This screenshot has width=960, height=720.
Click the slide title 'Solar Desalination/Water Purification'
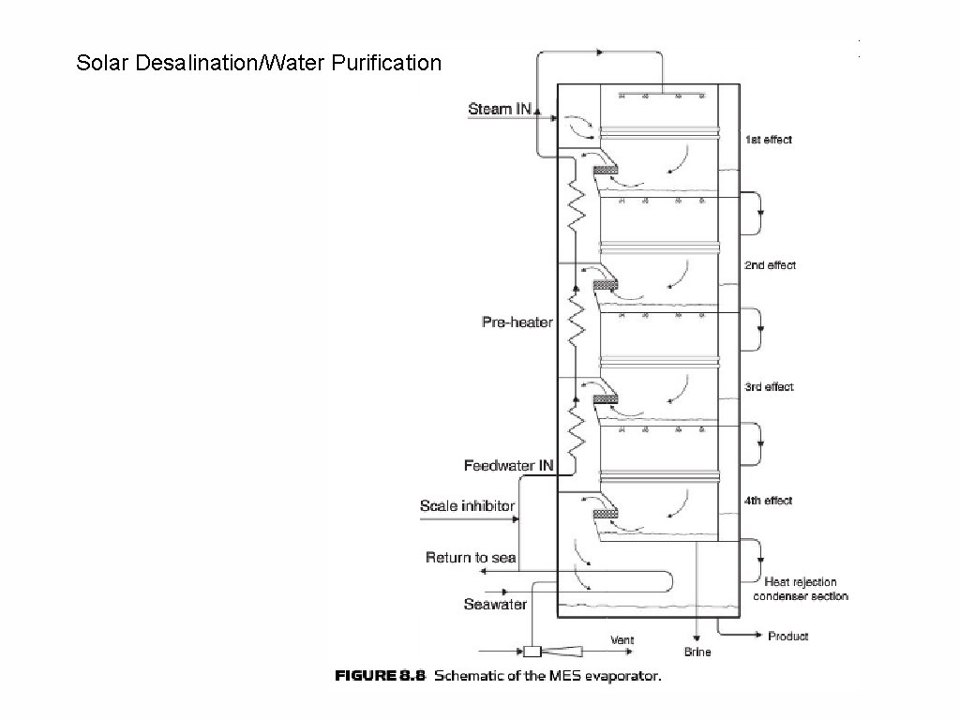258,64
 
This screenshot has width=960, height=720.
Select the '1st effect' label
768,140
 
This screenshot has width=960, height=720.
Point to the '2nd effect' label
770,265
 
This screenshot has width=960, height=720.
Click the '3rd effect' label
769,386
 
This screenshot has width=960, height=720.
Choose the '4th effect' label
768,501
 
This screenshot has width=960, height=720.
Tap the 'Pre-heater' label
517,322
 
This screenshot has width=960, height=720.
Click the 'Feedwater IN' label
508,465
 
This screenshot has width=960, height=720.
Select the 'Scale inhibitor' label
467,505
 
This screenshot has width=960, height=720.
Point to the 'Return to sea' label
471,558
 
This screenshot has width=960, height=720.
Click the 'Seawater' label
495,604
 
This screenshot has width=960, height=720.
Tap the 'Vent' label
622,640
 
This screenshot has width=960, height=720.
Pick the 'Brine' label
697,652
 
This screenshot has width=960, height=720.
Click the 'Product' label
788,636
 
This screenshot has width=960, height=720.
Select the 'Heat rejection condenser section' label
801,589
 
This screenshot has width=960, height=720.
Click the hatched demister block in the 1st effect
606,169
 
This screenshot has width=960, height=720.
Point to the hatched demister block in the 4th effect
606,514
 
